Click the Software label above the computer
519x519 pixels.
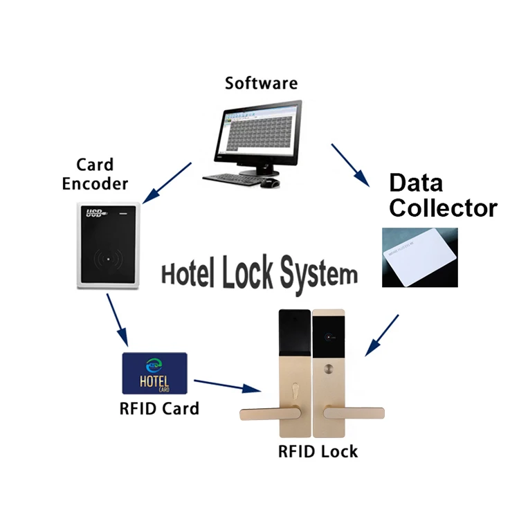tap(261, 83)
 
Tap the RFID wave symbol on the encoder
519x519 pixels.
tap(109, 261)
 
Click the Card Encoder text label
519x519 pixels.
tap(95, 174)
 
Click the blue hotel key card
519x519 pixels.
tap(154, 373)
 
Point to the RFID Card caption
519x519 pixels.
tap(159, 408)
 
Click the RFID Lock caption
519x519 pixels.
tap(318, 452)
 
